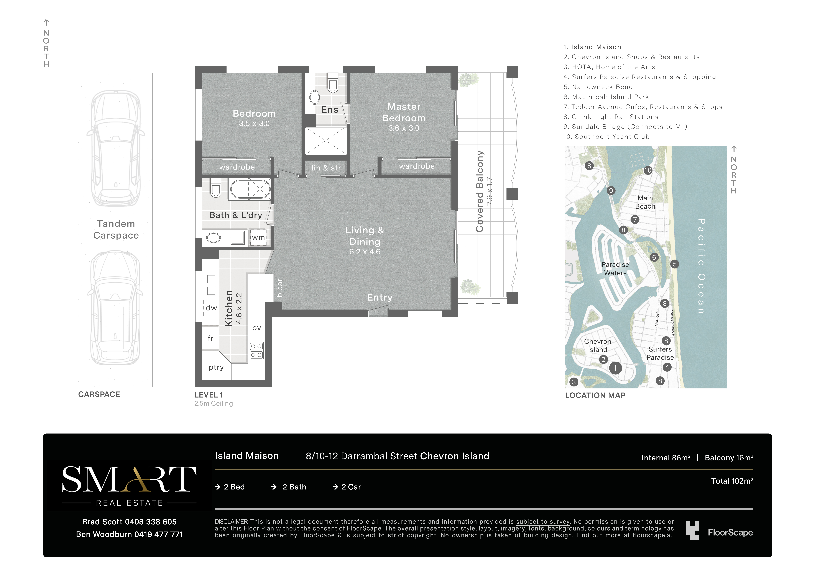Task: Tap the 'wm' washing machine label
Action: [258, 237]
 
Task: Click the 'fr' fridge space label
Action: [210, 338]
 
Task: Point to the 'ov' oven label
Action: [257, 328]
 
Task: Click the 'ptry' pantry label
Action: [216, 367]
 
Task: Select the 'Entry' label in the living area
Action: [380, 297]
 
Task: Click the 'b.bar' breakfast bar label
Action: [280, 288]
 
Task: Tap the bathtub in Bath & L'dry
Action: [250, 189]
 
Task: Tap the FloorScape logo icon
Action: [692, 531]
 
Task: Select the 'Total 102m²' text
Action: [732, 481]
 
